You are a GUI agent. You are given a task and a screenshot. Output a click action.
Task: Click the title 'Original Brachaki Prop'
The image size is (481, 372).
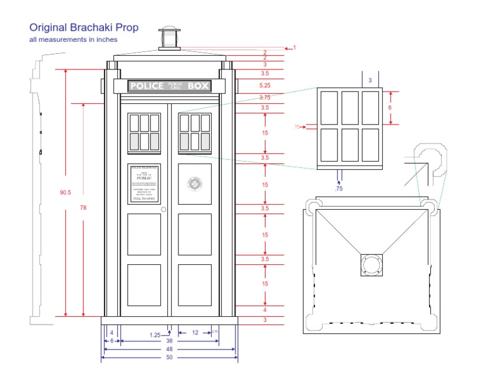84,28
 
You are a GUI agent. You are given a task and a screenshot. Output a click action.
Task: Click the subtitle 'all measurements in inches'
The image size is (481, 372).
73,39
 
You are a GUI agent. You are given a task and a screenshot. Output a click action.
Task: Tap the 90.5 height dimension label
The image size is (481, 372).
65,192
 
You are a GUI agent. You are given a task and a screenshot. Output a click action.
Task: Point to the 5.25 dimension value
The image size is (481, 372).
264,85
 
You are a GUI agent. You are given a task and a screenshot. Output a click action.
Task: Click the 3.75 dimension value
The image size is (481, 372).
264,97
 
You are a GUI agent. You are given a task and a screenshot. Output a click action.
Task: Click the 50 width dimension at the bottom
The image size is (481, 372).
169,358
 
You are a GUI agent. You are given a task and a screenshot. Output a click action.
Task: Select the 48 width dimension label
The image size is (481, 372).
169,349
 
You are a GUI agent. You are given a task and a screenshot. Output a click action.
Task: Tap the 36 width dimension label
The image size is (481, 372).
169,341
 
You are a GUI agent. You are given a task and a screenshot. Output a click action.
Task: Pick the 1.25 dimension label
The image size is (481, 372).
155,334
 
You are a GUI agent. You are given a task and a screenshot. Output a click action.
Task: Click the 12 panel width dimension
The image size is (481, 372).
195,333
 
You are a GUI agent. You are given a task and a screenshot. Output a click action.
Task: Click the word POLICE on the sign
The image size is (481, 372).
146,86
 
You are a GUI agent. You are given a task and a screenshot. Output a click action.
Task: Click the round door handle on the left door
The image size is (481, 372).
163,209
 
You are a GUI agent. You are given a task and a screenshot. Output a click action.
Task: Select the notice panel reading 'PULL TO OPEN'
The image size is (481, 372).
144,183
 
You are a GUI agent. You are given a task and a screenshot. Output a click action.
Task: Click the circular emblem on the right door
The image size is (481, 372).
194,183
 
